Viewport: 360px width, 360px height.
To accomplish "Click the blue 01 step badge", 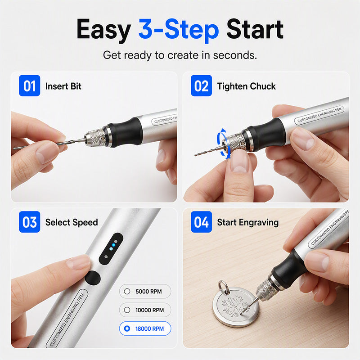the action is (29, 85).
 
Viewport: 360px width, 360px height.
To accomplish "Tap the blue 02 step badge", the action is (201, 85).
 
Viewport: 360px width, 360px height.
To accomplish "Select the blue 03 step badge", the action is (29, 222).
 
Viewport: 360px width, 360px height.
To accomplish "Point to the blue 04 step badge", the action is (201, 222).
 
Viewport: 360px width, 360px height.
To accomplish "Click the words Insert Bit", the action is (63, 86).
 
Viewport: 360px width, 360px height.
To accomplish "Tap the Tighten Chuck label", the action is (246, 86).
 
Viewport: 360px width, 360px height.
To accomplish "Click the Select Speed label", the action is (72, 222).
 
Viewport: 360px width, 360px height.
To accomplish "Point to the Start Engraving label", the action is (248, 222).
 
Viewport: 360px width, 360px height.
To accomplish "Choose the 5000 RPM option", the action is (145, 291).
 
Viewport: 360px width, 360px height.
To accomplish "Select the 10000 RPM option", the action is (145, 310).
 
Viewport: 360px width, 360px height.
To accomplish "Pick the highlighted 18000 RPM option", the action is (145, 328).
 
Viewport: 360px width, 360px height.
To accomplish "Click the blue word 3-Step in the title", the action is (179, 30).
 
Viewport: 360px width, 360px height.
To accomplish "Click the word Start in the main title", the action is (255, 29).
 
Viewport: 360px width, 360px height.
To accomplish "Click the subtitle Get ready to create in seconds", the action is (180, 55).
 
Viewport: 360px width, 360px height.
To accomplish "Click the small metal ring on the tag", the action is (223, 287).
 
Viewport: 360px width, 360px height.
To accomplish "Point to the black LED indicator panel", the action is (111, 249).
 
